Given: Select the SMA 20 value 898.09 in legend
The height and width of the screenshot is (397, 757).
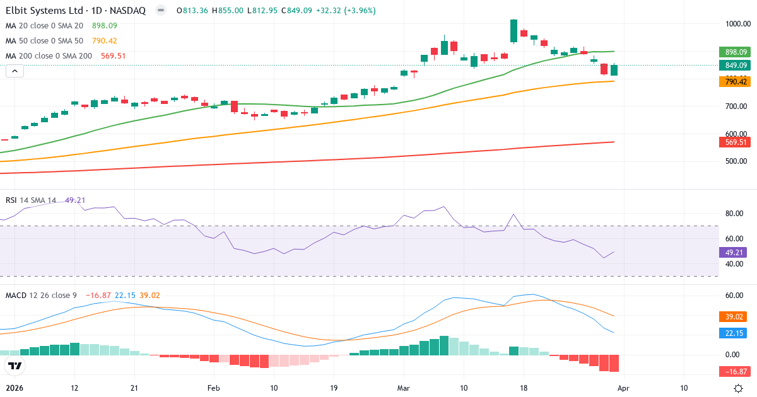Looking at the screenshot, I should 104,26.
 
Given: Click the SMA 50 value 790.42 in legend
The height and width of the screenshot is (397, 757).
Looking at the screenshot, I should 104,41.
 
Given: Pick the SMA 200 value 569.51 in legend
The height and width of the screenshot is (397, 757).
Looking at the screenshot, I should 113,56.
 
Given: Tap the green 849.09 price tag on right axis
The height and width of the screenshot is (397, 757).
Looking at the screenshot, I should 736,65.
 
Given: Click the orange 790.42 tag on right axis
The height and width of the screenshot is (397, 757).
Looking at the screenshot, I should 736,81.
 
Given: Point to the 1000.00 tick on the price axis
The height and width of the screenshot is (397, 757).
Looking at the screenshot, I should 736,24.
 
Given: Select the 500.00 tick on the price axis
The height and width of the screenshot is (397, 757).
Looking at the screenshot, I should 736,161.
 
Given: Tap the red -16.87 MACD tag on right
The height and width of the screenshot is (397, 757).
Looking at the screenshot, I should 736,371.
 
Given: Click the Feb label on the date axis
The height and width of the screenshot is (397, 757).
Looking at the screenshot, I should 214,388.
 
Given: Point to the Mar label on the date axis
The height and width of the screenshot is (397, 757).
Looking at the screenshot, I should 404,388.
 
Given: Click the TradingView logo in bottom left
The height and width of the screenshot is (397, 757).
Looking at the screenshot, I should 15,365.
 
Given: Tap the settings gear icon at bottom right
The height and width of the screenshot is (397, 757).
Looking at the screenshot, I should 738,388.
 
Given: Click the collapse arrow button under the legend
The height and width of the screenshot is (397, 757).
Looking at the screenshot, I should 15,71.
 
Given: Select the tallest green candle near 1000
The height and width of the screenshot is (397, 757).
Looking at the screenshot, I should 513,30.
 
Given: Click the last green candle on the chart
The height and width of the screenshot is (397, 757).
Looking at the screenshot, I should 614,70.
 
